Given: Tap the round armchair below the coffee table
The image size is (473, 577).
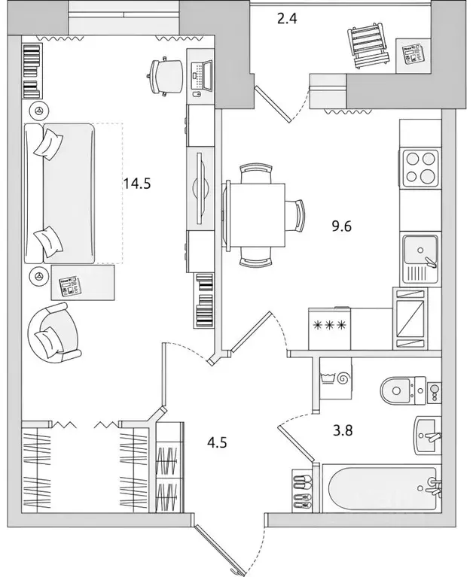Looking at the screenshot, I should click(50, 333).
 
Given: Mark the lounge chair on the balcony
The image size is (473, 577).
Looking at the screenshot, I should click(368, 46).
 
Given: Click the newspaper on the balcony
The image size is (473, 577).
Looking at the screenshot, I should click(412, 56).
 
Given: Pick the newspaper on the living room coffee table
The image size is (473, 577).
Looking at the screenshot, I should click(68, 286).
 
